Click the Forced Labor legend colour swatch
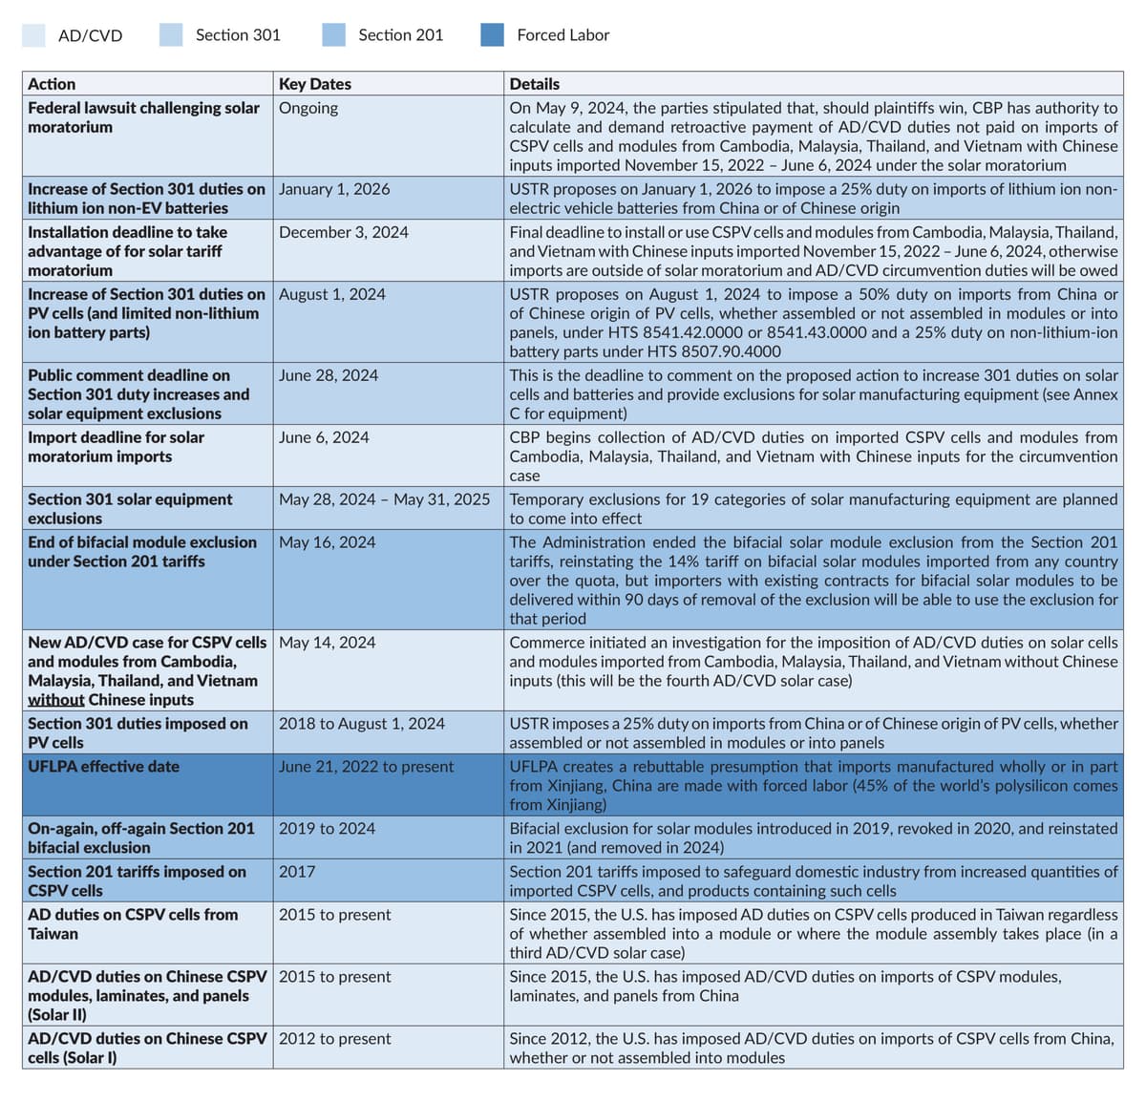(x=492, y=35)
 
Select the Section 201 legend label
(x=400, y=35)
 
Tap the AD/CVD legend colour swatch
(x=33, y=35)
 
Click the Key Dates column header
(x=315, y=84)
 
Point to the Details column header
(x=535, y=84)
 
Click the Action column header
(x=52, y=84)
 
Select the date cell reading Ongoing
(x=308, y=108)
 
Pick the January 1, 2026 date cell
(x=334, y=189)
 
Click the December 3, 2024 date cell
(x=344, y=232)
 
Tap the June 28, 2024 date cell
(x=329, y=375)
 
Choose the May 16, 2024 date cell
(x=328, y=542)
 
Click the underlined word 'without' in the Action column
(x=55, y=700)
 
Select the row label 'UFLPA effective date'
(x=103, y=767)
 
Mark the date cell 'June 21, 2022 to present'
(x=367, y=767)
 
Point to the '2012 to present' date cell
(x=335, y=1039)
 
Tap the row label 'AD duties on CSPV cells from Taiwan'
(x=133, y=924)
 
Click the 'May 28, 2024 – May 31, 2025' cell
(x=384, y=499)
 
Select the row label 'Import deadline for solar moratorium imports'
(x=116, y=447)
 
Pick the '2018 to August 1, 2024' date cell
(x=362, y=724)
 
